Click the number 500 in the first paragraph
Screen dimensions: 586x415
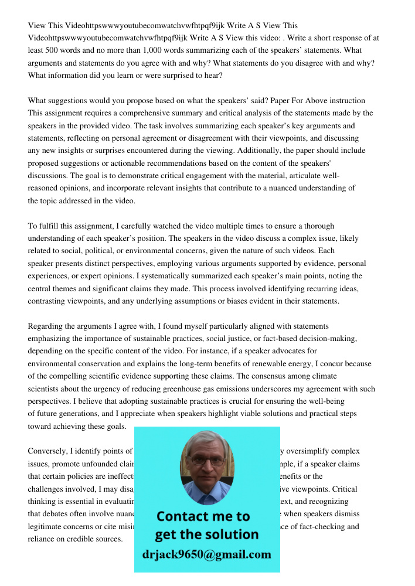(60, 50)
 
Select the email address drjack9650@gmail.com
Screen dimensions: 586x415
(206, 554)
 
